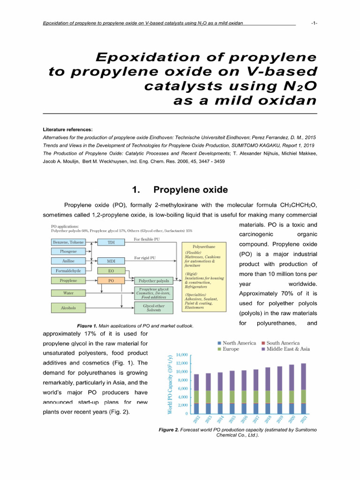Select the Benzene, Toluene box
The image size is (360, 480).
[x=67, y=242]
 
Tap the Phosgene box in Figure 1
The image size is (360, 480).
[x=67, y=251]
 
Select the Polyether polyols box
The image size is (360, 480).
[x=153, y=281]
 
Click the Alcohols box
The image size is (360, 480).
[x=67, y=308]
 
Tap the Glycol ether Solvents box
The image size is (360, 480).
[x=153, y=307]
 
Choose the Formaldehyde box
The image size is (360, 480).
[x=67, y=271]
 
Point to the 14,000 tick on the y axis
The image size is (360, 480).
[x=181, y=355]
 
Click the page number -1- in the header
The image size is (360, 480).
[x=314, y=23]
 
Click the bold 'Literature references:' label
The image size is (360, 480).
[x=67, y=129]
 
